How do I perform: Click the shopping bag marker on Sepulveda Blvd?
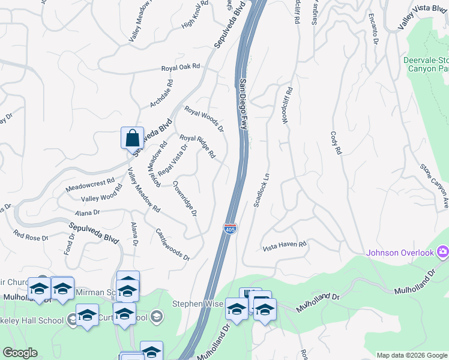coord(132,137)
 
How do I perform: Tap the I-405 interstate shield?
coord(229,228)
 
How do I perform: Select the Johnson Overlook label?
coord(400,253)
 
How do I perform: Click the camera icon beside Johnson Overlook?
coord(443,251)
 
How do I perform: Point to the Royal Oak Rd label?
coord(180,68)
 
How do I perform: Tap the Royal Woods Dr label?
coord(204,119)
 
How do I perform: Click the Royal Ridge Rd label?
coord(197,146)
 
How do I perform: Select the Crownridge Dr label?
coord(185,199)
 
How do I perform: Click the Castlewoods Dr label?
coord(172,244)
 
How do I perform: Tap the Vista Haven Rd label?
coord(285,245)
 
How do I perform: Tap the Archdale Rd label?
coord(161,94)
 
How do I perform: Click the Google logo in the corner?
coord(20,353)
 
